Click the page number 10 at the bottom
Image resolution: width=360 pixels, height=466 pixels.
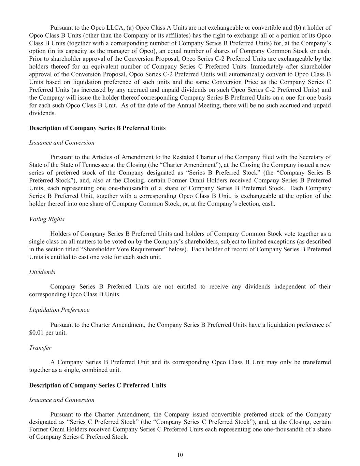click(180, 455)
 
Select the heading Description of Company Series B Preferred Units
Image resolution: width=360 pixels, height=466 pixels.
click(97, 128)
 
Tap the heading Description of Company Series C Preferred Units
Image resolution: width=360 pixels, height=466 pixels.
click(97, 385)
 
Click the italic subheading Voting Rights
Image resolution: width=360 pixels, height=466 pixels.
click(47, 219)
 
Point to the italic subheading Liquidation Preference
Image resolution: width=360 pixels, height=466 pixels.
click(59, 310)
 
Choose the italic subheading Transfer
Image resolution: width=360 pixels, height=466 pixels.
click(40, 348)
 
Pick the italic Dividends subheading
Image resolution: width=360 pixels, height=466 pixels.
click(42, 272)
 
